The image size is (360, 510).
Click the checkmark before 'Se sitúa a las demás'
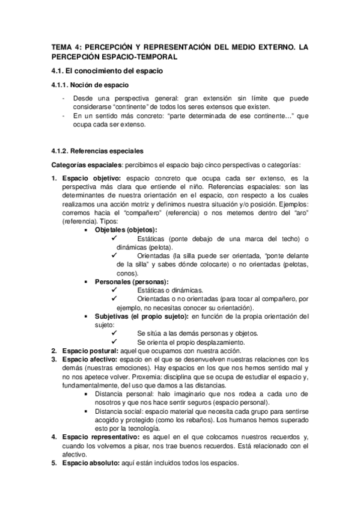coord(114,333)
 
